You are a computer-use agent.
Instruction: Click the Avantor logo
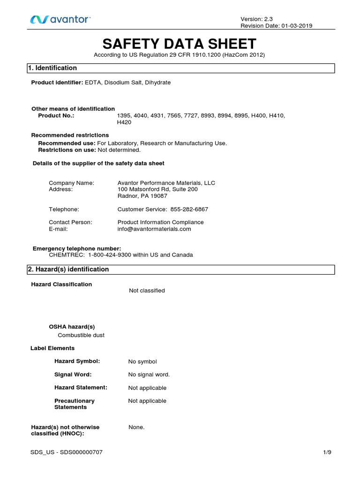(60, 20)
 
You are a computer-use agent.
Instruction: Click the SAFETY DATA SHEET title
(180, 44)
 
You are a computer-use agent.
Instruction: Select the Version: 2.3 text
(256, 18)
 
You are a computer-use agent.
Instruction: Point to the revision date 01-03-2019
(295, 26)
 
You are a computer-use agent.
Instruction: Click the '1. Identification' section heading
(52, 68)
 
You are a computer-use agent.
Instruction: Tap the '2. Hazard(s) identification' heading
(68, 270)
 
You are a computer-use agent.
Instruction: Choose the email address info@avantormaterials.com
(154, 229)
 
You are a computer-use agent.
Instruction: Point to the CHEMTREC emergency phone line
(121, 255)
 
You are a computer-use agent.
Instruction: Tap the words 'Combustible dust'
(81, 335)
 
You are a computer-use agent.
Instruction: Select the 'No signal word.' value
(149, 375)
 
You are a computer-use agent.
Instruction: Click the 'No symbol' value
(142, 361)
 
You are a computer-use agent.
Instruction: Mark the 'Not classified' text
(147, 291)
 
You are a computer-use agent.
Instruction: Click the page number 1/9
(327, 452)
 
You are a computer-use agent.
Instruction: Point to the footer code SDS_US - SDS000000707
(67, 452)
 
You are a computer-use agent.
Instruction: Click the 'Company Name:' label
(72, 183)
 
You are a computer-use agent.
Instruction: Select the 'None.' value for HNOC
(136, 427)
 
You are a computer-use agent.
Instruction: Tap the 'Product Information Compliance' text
(160, 222)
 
